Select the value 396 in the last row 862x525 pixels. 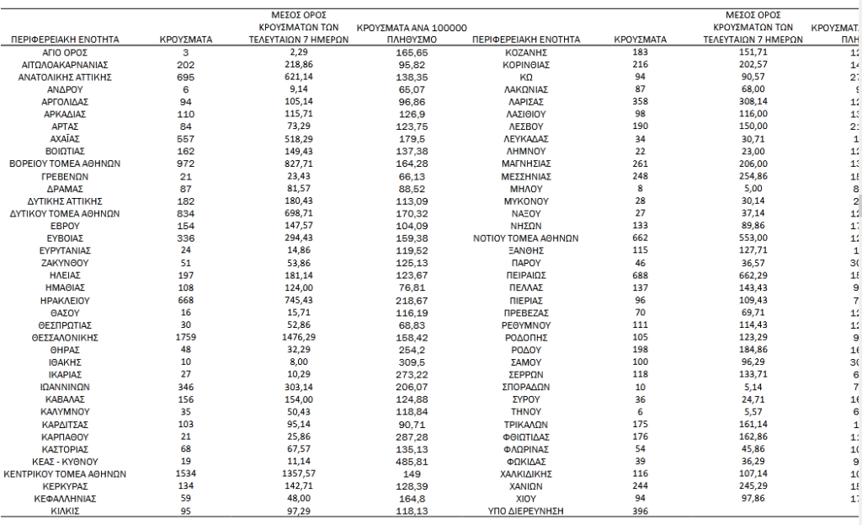click(x=641, y=511)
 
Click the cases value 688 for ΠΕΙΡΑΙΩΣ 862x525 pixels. click(x=641, y=275)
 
